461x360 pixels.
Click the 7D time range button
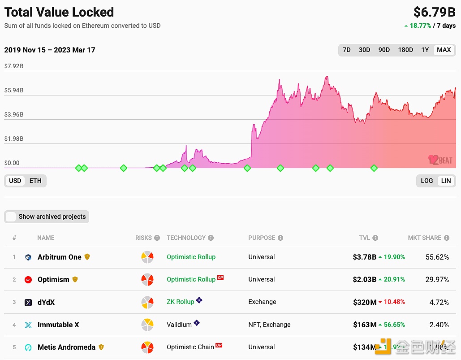[347, 50]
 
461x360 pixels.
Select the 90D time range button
[384, 50]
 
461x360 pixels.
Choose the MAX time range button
[444, 50]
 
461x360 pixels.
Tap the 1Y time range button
[425, 50]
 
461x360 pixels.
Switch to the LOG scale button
[427, 181]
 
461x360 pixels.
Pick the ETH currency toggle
[35, 181]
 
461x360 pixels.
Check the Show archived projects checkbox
[11, 217]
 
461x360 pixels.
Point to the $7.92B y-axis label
[14, 66]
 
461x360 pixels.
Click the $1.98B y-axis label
[14, 139]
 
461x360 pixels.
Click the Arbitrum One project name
[59, 257]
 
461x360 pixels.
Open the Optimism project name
[53, 279]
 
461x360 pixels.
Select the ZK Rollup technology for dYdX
[180, 302]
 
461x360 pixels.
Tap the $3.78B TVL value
[364, 257]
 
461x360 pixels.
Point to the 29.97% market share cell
[437, 279]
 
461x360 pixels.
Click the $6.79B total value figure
[434, 12]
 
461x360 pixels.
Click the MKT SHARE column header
[424, 238]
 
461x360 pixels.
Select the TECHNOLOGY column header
[186, 238]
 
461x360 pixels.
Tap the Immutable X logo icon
[28, 325]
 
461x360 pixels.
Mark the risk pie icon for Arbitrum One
[147, 257]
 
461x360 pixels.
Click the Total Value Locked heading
[59, 12]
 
